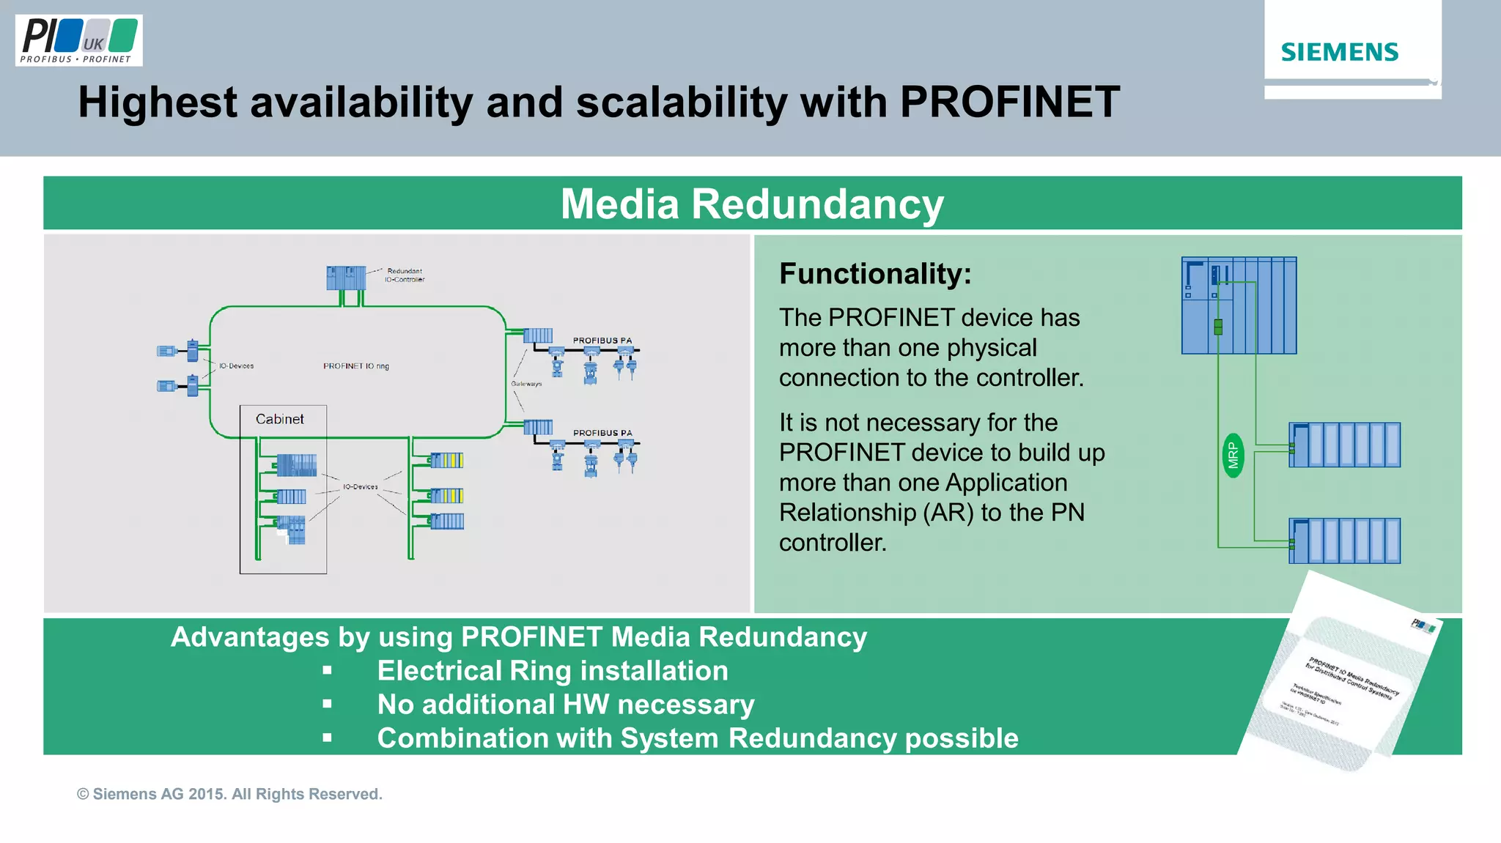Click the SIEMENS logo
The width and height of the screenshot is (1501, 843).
pyautogui.click(x=1339, y=52)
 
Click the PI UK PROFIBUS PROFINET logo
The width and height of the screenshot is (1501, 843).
pyautogui.click(x=78, y=41)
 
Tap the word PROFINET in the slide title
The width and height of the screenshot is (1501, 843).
pyautogui.click(x=1009, y=102)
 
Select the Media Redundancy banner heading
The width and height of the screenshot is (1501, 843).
pyautogui.click(x=752, y=204)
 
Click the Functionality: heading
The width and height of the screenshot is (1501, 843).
pyautogui.click(x=875, y=274)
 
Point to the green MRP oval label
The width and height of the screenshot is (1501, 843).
pyautogui.click(x=1233, y=456)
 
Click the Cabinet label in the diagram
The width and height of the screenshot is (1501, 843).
pyautogui.click(x=279, y=419)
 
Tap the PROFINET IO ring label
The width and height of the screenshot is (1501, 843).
pyautogui.click(x=356, y=365)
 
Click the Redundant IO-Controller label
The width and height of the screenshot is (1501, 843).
pyautogui.click(x=405, y=275)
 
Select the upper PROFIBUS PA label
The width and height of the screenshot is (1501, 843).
pyautogui.click(x=602, y=341)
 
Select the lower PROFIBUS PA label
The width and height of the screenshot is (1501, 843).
pyautogui.click(x=602, y=433)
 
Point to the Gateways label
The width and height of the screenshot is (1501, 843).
pyautogui.click(x=526, y=384)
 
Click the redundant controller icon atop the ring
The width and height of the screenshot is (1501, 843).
pyautogui.click(x=346, y=278)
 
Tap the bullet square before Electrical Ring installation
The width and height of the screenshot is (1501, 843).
pyautogui.click(x=327, y=671)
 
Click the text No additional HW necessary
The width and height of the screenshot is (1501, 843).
pyautogui.click(x=565, y=705)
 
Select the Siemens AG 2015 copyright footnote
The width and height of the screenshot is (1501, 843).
pyautogui.click(x=229, y=794)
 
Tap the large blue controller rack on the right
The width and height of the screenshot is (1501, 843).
pyautogui.click(x=1239, y=305)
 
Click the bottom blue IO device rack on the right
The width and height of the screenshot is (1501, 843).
pyautogui.click(x=1344, y=541)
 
